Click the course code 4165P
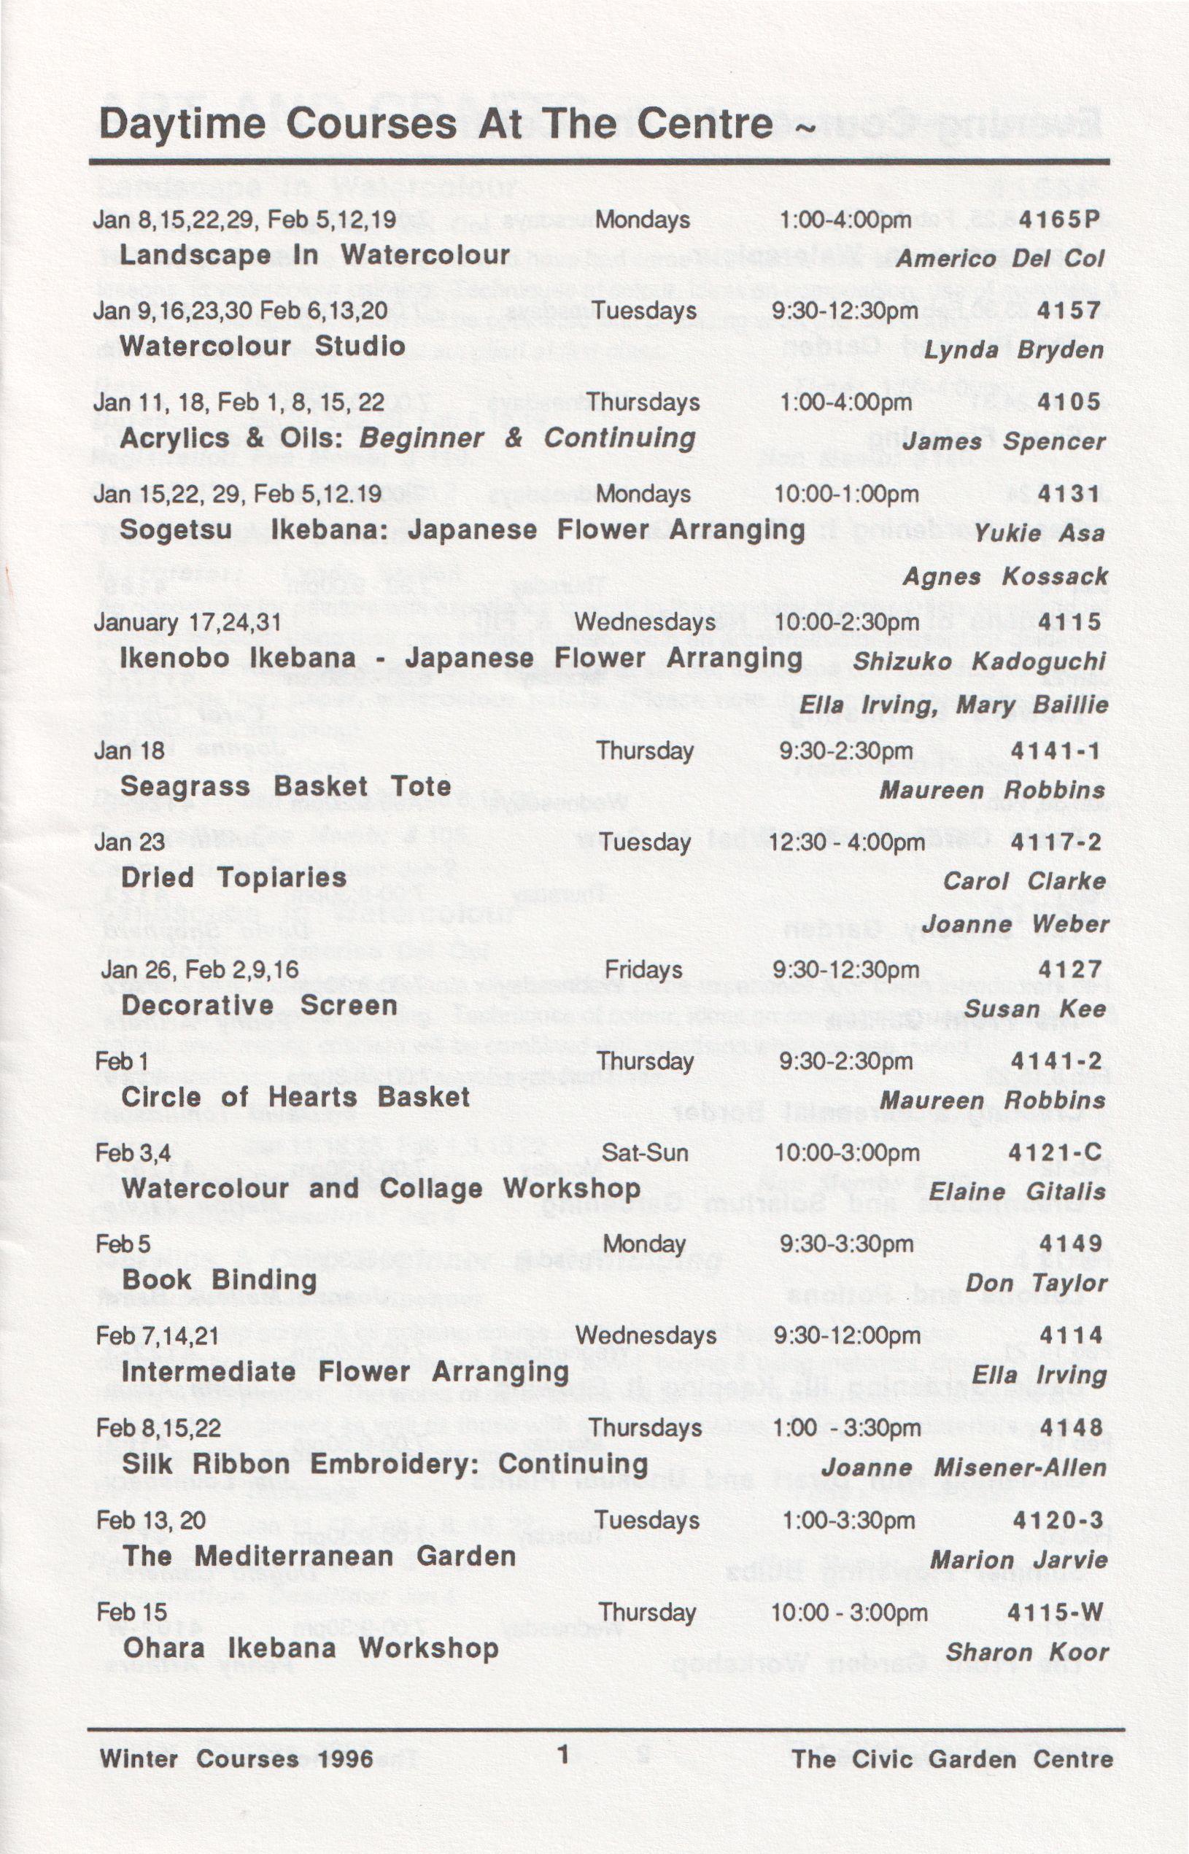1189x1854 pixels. [x=1058, y=220]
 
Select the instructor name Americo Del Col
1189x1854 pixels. [x=1000, y=259]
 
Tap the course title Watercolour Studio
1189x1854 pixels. [x=263, y=346]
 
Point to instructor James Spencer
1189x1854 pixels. [x=1004, y=441]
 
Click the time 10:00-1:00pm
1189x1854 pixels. [x=846, y=494]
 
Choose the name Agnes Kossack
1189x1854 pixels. [x=1005, y=577]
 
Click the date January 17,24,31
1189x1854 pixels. [x=187, y=622]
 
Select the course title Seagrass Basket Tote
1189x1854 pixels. [x=286, y=786]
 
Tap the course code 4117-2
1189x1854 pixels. [x=1056, y=842]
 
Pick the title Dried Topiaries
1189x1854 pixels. [x=234, y=877]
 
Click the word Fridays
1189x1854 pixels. [x=643, y=969]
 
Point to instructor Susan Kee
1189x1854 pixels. [x=1034, y=1009]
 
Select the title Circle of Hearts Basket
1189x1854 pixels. [x=295, y=1097]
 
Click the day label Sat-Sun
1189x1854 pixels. [x=644, y=1153]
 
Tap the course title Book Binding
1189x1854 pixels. [x=220, y=1280]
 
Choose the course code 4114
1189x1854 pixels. [x=1071, y=1335]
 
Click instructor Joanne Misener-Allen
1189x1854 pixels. [x=964, y=1467]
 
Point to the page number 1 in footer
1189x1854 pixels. [x=564, y=1756]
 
